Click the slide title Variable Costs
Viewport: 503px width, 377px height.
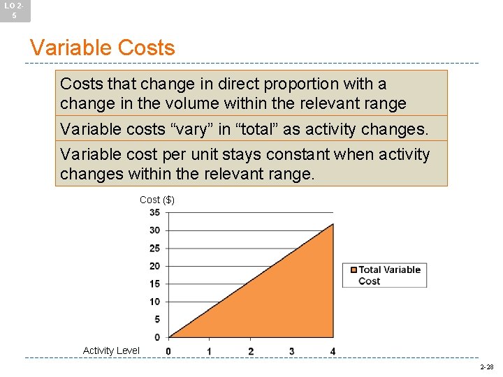[x=102, y=48]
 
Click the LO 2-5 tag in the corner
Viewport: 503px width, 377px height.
[x=15, y=10]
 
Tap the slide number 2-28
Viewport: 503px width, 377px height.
[x=486, y=367]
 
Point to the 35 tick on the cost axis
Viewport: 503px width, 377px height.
[x=154, y=212]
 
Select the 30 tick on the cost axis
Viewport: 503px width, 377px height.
[x=154, y=230]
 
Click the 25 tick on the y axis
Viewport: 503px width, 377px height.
[x=154, y=248]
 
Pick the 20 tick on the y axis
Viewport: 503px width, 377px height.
[x=154, y=266]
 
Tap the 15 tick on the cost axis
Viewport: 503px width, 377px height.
[x=154, y=283]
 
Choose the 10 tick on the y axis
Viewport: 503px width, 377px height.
[x=154, y=302]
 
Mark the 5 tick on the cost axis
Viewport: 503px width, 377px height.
[x=156, y=319]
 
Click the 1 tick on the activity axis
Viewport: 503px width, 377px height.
[x=210, y=350]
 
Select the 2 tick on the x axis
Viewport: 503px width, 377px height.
[x=251, y=350]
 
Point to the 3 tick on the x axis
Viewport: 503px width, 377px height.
[x=291, y=350]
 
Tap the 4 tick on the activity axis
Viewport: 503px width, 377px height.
[x=333, y=350]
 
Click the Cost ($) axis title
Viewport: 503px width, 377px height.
[x=156, y=200]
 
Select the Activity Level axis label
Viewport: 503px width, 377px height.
[x=111, y=350]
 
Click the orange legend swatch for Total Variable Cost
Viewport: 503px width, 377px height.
[x=354, y=270]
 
